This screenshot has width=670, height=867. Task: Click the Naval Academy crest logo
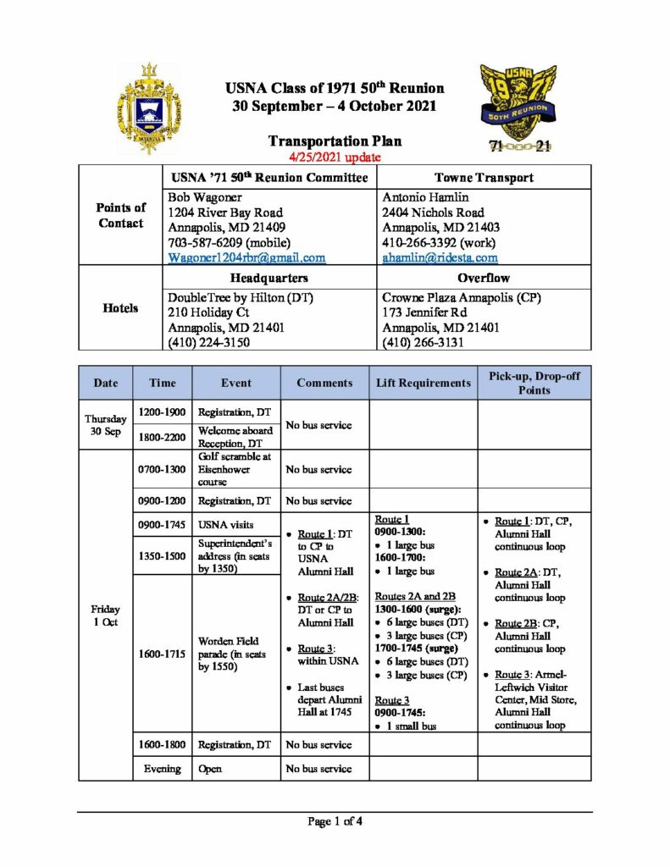point(149,108)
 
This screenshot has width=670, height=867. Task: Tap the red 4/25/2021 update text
point(335,157)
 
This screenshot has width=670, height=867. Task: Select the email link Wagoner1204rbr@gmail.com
point(246,257)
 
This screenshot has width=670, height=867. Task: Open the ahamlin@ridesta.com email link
point(440,257)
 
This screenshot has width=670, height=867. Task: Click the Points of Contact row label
point(120,216)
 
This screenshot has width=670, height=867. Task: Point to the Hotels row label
point(120,308)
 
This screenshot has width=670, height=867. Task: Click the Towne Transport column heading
point(483,178)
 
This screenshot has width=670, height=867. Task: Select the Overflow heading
point(483,278)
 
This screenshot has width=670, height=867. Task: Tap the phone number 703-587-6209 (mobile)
point(227,242)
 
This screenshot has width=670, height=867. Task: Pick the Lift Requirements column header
point(424,383)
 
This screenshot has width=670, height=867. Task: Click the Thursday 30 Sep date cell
point(106,424)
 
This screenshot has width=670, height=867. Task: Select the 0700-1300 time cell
point(162,468)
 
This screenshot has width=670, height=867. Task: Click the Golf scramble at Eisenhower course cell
point(235,468)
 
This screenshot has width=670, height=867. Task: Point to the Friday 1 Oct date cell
point(106,616)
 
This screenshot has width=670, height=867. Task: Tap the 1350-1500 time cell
point(162,555)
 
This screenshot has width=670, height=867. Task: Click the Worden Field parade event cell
point(235,654)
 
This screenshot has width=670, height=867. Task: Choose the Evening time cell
point(162,769)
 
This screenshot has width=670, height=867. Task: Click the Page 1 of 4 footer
point(335,820)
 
